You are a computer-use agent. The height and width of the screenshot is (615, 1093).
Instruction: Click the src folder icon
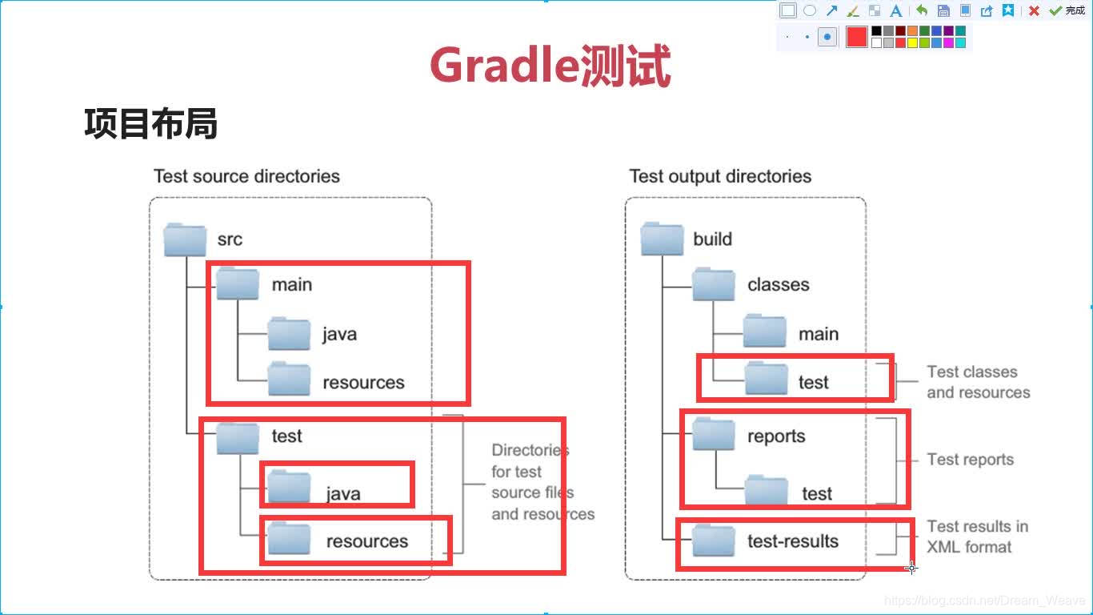click(185, 239)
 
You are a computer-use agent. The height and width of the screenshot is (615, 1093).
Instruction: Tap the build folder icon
click(662, 239)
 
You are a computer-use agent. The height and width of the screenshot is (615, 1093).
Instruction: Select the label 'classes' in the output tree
click(778, 285)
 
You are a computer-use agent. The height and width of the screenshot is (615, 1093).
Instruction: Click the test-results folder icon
click(713, 541)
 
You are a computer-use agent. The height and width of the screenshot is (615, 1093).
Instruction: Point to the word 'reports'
click(776, 436)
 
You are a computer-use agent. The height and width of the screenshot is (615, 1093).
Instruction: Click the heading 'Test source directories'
click(246, 176)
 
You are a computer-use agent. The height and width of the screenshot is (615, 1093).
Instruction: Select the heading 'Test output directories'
click(720, 176)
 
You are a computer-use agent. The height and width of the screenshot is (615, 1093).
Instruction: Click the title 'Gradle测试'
click(550, 66)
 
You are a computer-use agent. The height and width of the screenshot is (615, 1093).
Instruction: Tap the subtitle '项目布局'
click(150, 125)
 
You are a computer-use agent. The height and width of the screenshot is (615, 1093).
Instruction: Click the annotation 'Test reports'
click(970, 460)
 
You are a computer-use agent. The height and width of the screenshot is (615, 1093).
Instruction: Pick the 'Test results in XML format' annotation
click(977, 537)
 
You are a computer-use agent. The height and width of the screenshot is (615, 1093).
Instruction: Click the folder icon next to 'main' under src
click(238, 283)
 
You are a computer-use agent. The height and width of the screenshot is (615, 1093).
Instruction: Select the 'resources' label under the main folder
click(363, 383)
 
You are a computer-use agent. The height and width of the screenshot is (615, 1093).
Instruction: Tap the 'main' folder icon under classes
click(764, 332)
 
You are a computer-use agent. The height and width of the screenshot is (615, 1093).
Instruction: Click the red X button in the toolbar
click(1034, 11)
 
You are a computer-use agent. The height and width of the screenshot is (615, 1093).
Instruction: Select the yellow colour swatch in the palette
click(913, 43)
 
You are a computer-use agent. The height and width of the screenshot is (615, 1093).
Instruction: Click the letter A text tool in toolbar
click(896, 11)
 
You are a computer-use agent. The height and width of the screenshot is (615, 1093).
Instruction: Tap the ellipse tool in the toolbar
click(810, 11)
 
